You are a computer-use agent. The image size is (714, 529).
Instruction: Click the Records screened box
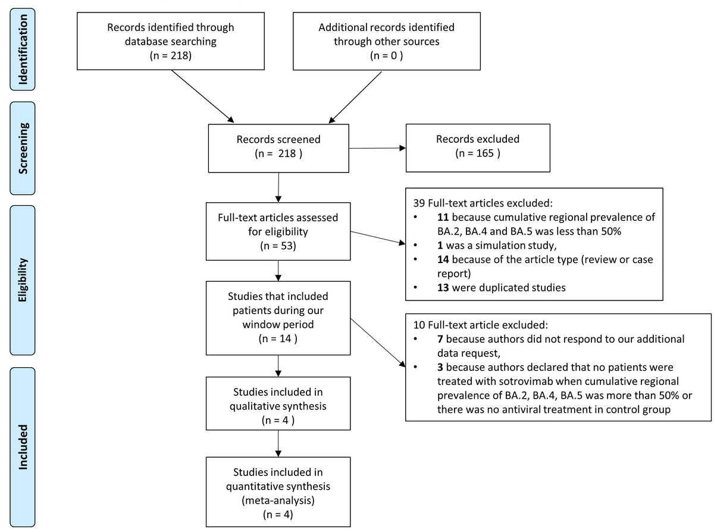278,147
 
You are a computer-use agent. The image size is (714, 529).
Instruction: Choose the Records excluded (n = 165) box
477,147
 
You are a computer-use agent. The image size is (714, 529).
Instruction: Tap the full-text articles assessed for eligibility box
278,231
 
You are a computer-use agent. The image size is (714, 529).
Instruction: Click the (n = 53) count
278,245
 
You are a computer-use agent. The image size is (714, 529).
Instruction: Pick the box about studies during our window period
278,318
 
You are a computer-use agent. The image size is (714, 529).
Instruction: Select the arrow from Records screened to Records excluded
377,148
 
